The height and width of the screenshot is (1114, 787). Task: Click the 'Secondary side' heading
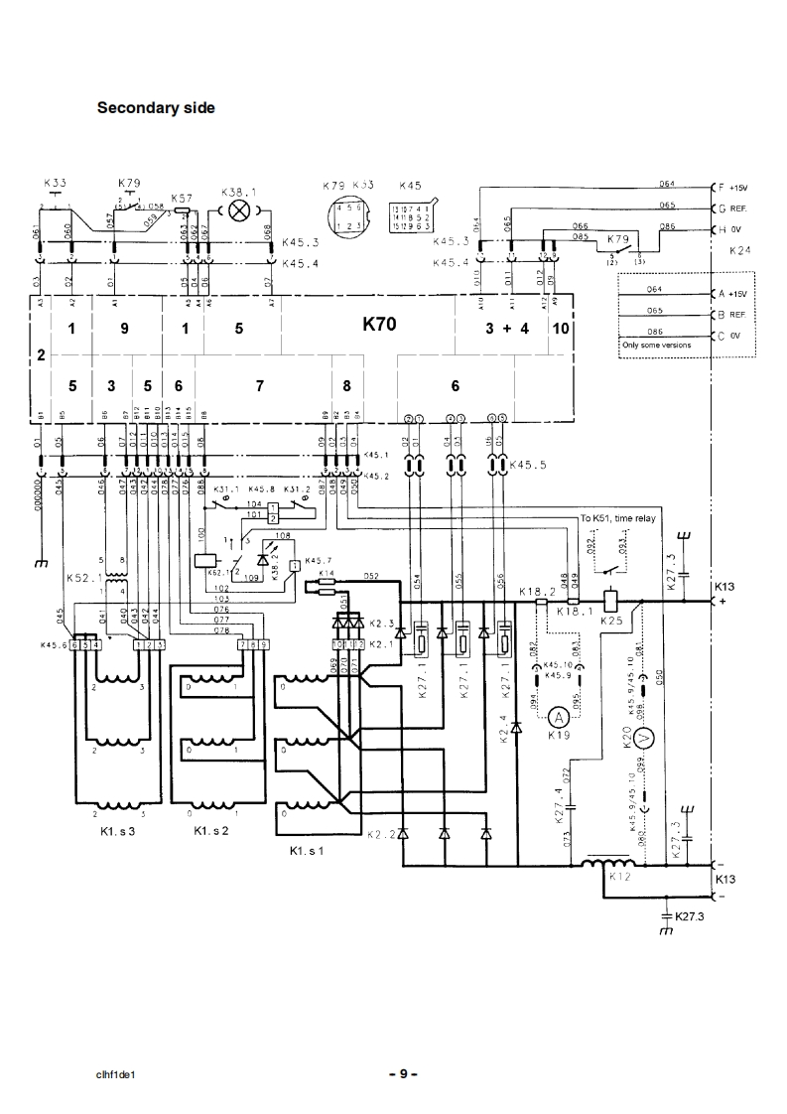155,107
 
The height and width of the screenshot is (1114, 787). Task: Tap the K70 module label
383,323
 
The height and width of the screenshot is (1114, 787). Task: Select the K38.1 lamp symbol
238,210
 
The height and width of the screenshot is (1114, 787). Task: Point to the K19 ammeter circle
559,717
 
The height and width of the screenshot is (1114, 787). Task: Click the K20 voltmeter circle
642,736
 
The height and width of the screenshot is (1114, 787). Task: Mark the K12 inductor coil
606,864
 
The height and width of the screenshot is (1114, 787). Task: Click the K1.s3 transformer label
117,830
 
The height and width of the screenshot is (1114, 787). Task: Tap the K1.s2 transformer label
212,830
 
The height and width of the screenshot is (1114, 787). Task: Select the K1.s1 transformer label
307,851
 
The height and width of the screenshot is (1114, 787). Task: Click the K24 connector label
739,251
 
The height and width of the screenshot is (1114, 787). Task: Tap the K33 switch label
56,183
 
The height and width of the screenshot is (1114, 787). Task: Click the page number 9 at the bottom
403,1073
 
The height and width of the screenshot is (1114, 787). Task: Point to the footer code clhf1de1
116,1074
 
